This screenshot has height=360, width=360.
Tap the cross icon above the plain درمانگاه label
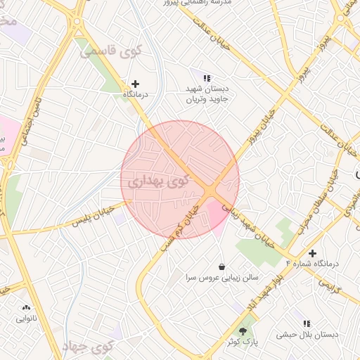[x=136, y=84]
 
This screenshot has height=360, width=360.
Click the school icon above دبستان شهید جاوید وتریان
[x=207, y=77]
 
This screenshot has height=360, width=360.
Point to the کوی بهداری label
[x=160, y=181]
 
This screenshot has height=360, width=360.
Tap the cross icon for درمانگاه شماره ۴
[x=312, y=252]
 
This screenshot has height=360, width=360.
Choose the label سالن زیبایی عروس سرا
[x=222, y=278]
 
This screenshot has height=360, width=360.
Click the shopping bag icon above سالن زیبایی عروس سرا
[x=222, y=266]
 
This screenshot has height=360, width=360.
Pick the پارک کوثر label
[x=243, y=341]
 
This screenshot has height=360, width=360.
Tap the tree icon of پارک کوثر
[x=243, y=330]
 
